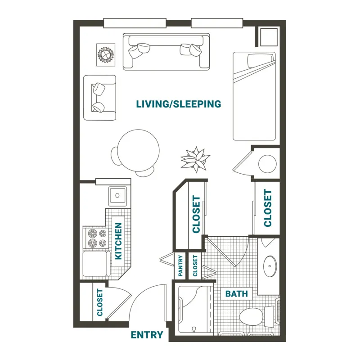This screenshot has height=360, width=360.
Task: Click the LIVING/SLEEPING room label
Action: click(178, 104)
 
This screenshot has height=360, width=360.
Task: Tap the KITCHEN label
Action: click(118, 241)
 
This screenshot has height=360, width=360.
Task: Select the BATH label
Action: click(237, 294)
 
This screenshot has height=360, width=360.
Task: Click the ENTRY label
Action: click(147, 335)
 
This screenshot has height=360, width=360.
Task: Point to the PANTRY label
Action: click(180, 265)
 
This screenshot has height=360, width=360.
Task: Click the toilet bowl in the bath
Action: click(251, 317)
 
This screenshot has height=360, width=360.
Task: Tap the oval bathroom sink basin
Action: click(270, 266)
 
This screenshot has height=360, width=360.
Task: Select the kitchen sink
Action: click(117, 195)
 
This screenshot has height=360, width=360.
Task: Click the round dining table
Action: click(139, 151)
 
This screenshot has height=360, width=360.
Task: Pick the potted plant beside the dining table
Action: click(196, 159)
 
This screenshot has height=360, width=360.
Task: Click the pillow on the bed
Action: click(261, 61)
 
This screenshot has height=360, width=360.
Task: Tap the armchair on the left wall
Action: click(99, 98)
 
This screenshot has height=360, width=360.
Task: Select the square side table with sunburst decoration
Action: click(106, 55)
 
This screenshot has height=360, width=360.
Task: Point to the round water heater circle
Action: click(267, 164)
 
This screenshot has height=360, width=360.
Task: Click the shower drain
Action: click(194, 329)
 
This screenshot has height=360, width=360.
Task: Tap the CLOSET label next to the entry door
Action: click(99, 302)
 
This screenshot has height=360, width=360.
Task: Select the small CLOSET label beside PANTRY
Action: click(195, 265)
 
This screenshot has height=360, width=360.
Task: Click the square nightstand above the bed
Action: click(269, 37)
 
